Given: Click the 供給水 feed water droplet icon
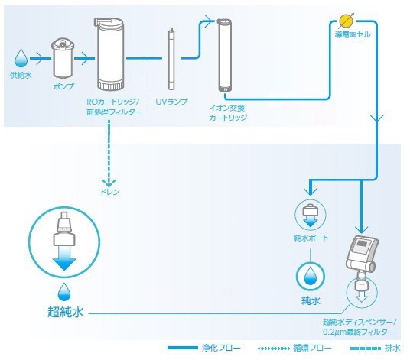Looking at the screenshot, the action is [x=21, y=58].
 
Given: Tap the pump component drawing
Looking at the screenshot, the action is [x=63, y=58].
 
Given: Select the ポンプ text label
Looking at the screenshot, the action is [x=63, y=86].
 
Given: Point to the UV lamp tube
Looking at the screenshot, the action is [x=171, y=59].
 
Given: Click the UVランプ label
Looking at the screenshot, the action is [x=171, y=102].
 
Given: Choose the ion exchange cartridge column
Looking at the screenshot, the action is [x=224, y=55].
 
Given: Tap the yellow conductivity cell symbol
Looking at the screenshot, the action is [x=347, y=21].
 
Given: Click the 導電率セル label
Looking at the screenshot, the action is [x=353, y=34].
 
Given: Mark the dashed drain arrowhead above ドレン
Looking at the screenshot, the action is [x=109, y=183].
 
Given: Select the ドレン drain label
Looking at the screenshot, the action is [x=110, y=192].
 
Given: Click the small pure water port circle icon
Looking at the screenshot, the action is [x=311, y=215].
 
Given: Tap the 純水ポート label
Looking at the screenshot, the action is [x=311, y=238].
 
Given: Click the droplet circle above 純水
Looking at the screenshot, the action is [x=311, y=276].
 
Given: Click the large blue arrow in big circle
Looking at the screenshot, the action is [x=64, y=258].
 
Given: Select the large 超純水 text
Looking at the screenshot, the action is [x=66, y=312].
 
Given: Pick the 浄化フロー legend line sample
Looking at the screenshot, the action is [x=183, y=348].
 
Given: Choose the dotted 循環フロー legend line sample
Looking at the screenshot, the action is [x=274, y=349].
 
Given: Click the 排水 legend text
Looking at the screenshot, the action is [x=392, y=348].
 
